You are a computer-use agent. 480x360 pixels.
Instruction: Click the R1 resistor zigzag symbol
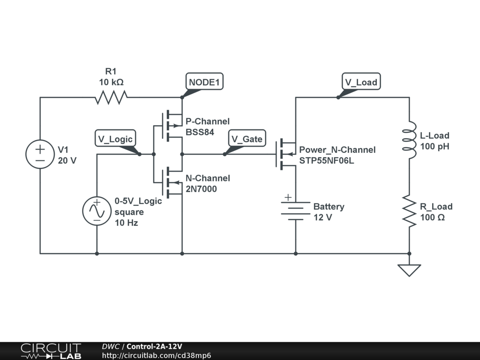click(x=111, y=97)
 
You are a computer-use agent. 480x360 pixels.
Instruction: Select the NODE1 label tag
click(x=204, y=82)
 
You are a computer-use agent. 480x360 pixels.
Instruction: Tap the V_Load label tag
click(x=361, y=82)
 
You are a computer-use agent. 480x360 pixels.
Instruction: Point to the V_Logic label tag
click(x=115, y=139)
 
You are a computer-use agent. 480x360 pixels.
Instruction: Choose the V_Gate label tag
click(x=247, y=139)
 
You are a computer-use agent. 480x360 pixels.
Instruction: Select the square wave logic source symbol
click(x=97, y=211)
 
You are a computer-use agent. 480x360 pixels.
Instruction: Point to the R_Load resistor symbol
click(x=409, y=212)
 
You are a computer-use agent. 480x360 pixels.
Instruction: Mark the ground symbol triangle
click(x=409, y=270)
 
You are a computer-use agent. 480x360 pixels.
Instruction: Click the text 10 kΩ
click(x=111, y=82)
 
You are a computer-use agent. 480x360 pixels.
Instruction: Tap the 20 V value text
click(x=67, y=160)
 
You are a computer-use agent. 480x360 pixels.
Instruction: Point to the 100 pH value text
click(x=435, y=146)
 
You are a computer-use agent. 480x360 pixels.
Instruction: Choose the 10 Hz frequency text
click(x=127, y=223)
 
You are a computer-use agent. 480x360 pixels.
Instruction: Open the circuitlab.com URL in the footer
click(x=156, y=355)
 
